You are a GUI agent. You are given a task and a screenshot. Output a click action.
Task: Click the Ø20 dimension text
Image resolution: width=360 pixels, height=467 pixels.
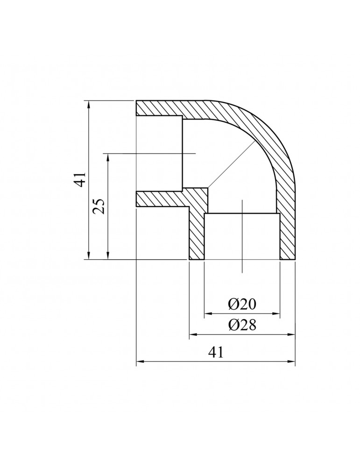[x=242, y=304]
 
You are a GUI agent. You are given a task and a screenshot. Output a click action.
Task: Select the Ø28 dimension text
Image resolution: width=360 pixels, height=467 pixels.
[x=242, y=325]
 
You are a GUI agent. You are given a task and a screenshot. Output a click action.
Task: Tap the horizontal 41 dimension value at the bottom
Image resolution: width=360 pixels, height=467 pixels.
[x=215, y=353]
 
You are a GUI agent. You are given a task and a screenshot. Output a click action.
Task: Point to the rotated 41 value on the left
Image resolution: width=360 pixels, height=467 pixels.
[x=82, y=179]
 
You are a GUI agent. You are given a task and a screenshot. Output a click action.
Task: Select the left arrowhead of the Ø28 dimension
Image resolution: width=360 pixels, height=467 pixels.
[x=192, y=334]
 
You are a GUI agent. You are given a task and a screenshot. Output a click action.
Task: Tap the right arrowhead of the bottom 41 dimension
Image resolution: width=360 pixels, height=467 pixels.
[x=292, y=362]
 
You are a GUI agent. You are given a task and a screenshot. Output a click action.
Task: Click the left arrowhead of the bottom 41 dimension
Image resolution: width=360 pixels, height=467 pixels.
[x=139, y=362]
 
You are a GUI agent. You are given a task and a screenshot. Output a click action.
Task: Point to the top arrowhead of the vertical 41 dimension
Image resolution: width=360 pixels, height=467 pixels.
[x=88, y=104]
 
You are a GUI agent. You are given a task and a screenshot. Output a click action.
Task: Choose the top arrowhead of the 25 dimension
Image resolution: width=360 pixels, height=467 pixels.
[x=108, y=156]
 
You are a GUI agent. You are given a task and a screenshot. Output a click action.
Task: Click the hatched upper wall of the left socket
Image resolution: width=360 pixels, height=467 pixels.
[x=159, y=108]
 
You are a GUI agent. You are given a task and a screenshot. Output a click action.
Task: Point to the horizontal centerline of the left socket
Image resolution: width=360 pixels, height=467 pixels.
[x=149, y=153]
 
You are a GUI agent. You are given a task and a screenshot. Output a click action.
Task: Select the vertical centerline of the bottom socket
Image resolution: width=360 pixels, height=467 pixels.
[x=242, y=243]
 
